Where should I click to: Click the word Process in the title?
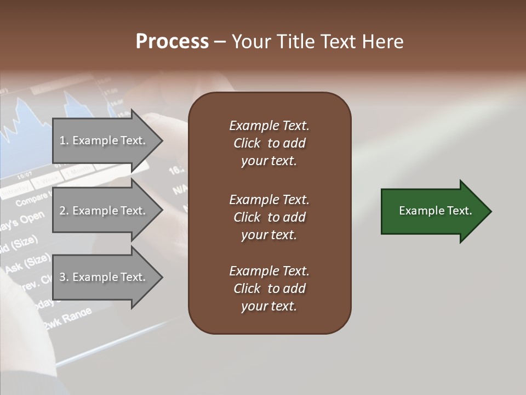(172, 42)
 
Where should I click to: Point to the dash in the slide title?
(220, 42)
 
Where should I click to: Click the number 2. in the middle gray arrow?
(64, 211)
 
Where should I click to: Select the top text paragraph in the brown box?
(269, 143)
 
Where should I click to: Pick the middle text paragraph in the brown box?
(269, 217)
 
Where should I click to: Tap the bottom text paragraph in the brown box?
(269, 289)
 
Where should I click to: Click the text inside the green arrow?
(436, 211)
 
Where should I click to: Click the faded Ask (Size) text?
(27, 264)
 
